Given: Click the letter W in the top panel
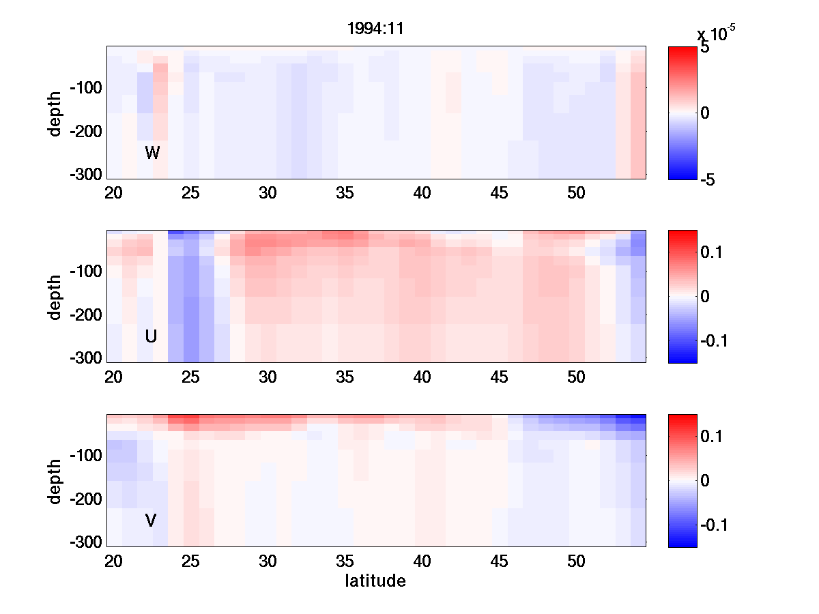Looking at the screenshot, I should (152, 153).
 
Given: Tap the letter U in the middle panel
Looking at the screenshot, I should (152, 336).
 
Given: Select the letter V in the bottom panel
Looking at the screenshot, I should (152, 521).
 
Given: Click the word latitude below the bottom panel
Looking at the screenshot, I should (375, 581).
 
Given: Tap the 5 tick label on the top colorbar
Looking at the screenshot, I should (705, 49).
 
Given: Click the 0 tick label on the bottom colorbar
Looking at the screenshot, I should (705, 480).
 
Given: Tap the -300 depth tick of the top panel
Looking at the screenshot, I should (85, 175).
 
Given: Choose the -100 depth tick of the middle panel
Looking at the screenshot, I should (85, 272).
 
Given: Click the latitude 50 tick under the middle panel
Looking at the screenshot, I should (576, 377).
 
